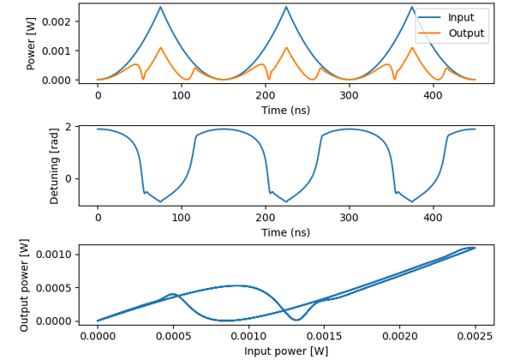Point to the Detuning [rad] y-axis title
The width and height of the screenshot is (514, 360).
(55, 166)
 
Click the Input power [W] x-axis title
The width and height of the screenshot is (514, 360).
(286, 351)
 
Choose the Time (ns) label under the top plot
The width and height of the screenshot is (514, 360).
(286, 110)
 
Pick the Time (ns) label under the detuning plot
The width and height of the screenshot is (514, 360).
(286, 232)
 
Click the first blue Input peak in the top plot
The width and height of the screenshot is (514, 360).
(160, 8)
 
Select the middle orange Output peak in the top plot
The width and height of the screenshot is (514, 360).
(286, 48)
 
